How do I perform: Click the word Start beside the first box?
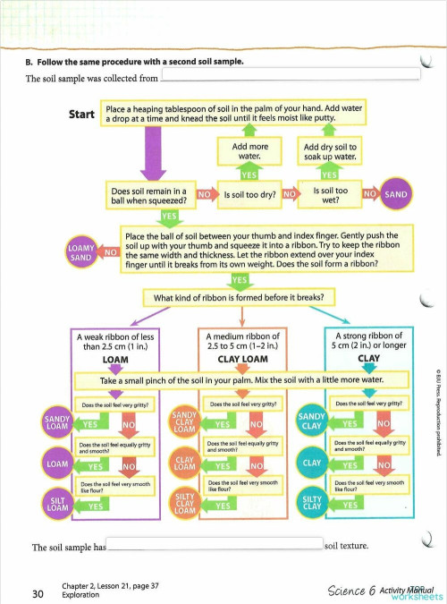[x=82, y=115]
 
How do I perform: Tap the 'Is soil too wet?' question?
[x=330, y=193]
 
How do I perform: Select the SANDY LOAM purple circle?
[x=58, y=421]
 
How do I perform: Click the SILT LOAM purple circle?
[x=58, y=506]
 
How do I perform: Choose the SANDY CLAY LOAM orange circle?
[x=183, y=421]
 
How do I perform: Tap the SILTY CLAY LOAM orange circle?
[x=183, y=506]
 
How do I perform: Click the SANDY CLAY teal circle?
[x=311, y=421]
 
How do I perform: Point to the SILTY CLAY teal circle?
[x=311, y=506]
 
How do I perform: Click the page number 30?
[x=37, y=592]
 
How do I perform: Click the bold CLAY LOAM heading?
[x=243, y=359]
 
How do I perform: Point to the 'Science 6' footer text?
[x=351, y=591]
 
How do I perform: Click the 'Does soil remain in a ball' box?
[x=148, y=193]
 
